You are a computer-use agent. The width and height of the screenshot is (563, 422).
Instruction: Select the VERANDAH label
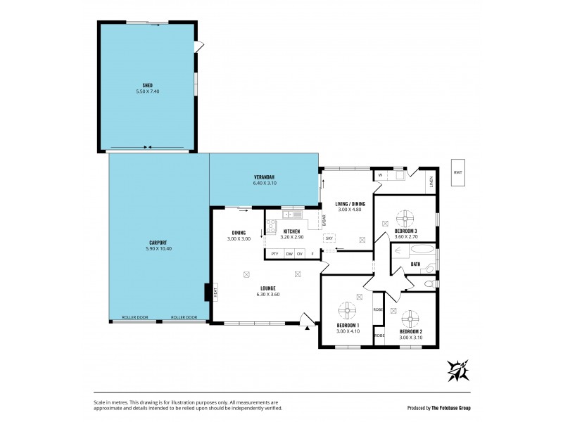click(x=263, y=177)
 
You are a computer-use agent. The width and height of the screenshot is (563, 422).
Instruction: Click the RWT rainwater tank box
click(x=458, y=172)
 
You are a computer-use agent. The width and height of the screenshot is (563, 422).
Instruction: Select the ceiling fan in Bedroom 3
click(x=405, y=217)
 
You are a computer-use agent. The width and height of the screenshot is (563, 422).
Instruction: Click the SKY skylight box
click(x=329, y=238)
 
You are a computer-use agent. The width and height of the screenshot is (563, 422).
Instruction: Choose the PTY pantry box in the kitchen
click(x=274, y=253)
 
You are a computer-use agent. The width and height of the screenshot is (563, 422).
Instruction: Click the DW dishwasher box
click(x=289, y=253)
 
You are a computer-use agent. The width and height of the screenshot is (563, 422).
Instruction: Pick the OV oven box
click(x=300, y=253)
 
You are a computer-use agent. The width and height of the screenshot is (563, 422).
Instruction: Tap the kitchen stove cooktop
click(x=271, y=226)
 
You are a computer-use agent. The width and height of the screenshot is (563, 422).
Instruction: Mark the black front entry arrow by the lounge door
click(x=308, y=325)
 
